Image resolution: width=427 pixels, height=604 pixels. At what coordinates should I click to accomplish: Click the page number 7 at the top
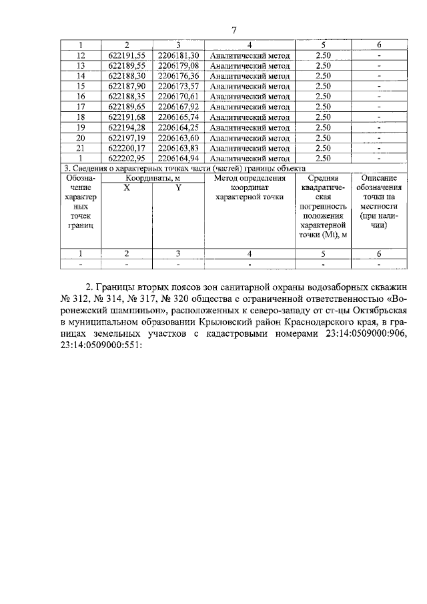(234, 29)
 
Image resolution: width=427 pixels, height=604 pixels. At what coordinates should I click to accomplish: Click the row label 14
(81, 76)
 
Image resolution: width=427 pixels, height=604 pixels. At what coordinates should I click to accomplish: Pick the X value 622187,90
(127, 86)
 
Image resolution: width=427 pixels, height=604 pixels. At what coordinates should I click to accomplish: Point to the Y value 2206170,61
(178, 97)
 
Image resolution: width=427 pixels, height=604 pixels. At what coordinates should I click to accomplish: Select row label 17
(81, 107)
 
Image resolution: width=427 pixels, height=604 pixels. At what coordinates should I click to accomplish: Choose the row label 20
(81, 138)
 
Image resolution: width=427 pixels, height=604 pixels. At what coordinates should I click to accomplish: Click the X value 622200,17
(127, 148)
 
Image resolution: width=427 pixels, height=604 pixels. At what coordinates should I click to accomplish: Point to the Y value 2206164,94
(178, 159)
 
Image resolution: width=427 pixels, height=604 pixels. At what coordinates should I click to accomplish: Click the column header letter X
(127, 189)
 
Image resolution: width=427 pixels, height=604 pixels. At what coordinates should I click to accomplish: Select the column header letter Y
(178, 189)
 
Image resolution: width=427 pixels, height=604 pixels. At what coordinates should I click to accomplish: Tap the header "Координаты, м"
(152, 179)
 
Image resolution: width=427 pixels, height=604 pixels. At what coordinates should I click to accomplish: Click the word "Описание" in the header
(379, 179)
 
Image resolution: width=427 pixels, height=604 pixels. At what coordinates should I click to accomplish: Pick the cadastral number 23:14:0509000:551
(99, 347)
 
